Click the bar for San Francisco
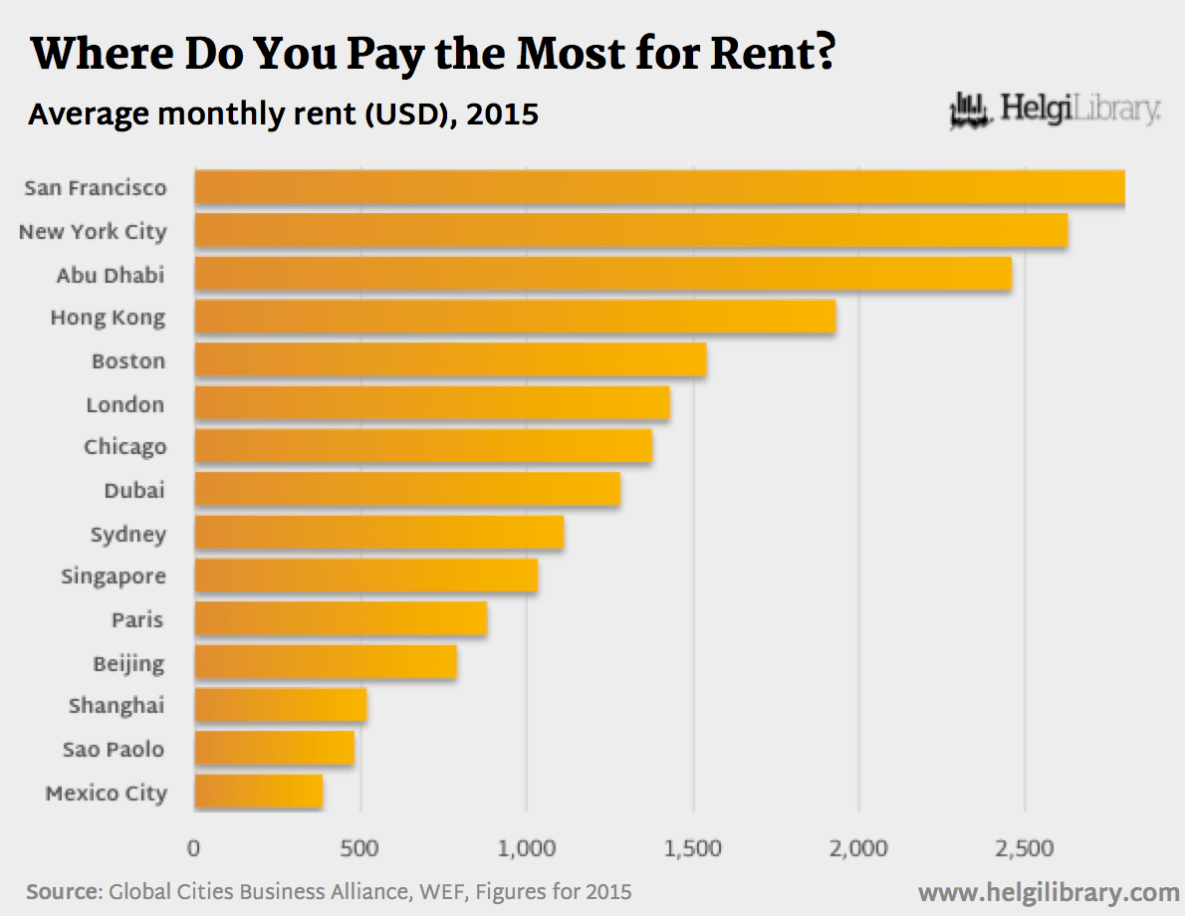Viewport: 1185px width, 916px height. click(659, 188)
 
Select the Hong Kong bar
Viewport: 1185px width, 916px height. click(514, 317)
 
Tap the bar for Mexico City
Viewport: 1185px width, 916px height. click(258, 793)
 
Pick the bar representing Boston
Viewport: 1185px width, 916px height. click(450, 359)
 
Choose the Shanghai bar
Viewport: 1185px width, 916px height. click(280, 706)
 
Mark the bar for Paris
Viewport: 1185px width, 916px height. click(341, 619)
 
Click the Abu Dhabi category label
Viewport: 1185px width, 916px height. click(110, 275)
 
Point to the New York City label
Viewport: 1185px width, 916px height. click(93, 232)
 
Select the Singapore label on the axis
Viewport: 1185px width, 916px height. click(113, 576)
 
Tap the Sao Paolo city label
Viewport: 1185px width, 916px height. click(113, 749)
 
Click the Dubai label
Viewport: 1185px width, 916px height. click(134, 490)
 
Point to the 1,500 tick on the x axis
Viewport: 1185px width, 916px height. click(693, 849)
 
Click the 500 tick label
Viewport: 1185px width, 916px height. click(359, 849)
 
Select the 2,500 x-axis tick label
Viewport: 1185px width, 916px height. click(1025, 849)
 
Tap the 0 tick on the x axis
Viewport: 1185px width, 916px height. click(194, 849)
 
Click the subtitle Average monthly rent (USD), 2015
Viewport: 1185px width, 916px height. click(283, 114)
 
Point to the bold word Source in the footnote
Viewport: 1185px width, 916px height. click(63, 891)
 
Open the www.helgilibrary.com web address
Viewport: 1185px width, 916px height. click(1049, 891)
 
